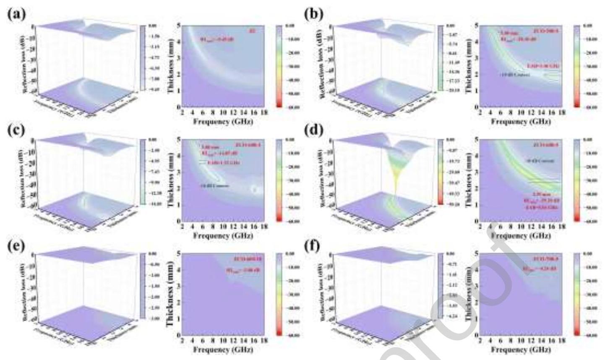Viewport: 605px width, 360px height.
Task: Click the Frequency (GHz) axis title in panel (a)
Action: (x=223, y=121)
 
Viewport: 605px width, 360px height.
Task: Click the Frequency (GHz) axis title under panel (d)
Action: (x=521, y=235)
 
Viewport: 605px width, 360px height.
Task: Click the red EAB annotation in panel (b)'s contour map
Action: (x=543, y=66)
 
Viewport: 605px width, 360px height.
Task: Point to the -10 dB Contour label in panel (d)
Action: (x=540, y=161)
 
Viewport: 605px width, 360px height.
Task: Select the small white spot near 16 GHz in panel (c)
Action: (x=254, y=189)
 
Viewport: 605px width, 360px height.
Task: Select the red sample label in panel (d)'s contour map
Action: (x=545, y=145)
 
